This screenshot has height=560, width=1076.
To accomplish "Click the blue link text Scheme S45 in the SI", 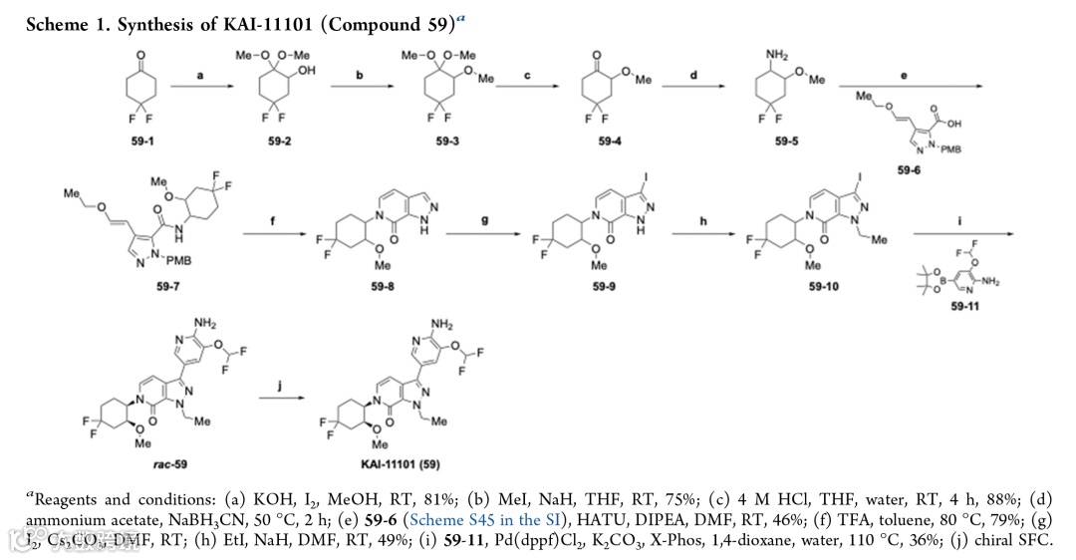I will [483, 520].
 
